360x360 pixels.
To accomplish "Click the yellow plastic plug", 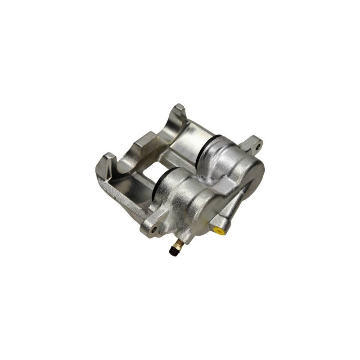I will click(219, 231).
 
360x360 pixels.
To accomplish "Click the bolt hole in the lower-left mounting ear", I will click(156, 229).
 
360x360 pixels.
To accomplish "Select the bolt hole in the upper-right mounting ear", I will click(257, 145).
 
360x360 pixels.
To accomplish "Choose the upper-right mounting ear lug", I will click(253, 144).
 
